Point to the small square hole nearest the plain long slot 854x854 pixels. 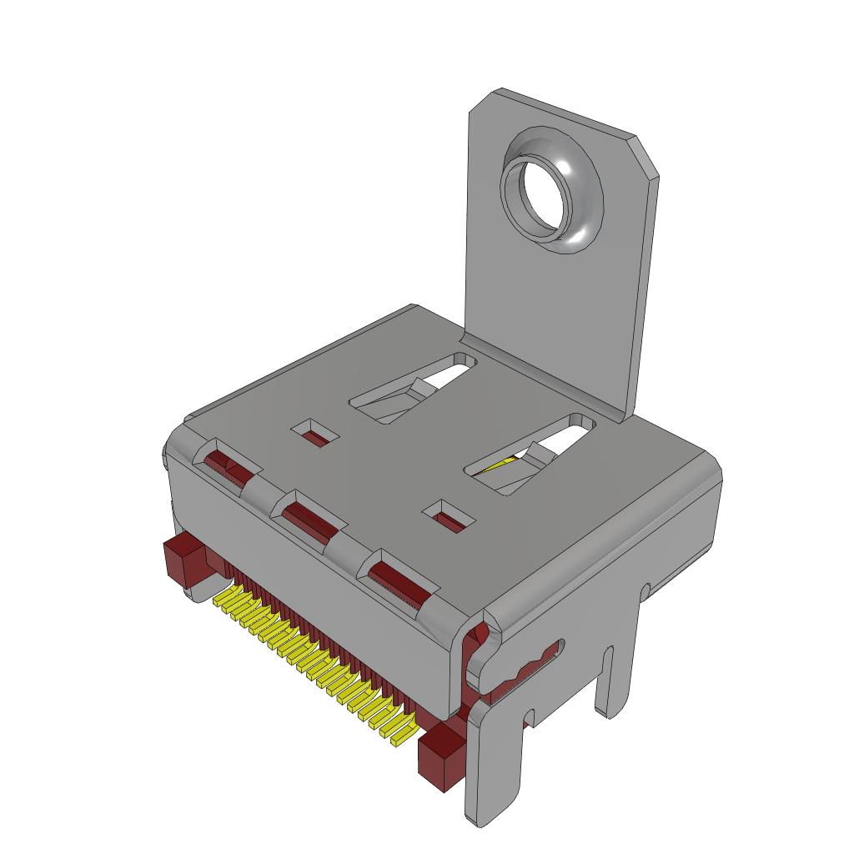314,433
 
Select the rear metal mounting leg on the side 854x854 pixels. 618,667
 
